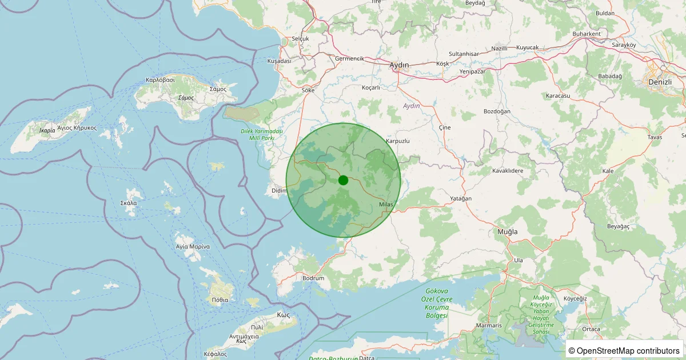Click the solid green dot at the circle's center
[x=343, y=180]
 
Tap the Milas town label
[x=386, y=205]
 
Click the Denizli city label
[x=660, y=82]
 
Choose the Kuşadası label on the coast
[x=280, y=61]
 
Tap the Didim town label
[x=278, y=190]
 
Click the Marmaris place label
[x=489, y=325]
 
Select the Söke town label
[x=308, y=90]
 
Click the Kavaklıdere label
[x=508, y=170]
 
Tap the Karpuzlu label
[x=398, y=141]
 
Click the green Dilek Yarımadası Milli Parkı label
[x=261, y=135]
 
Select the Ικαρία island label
[x=47, y=130]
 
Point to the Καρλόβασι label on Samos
[x=160, y=80]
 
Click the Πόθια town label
[x=220, y=299]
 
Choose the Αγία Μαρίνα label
[x=193, y=246]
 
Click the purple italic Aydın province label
[x=412, y=106]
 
